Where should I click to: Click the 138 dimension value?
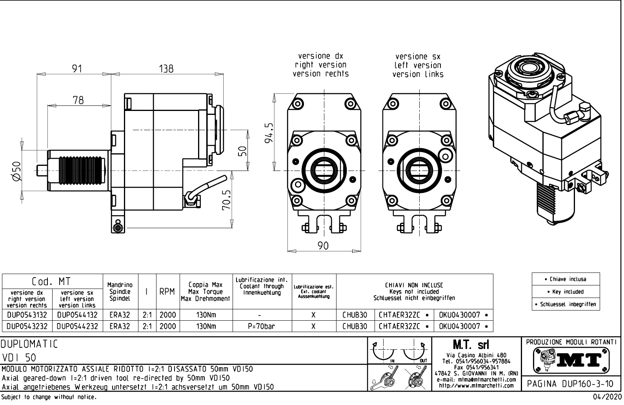[166, 69]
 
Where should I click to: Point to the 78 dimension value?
[78, 100]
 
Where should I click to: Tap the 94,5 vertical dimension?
[269, 133]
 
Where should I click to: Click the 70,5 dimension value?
[227, 200]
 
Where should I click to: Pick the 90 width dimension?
[323, 245]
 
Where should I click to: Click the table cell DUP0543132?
[27, 315]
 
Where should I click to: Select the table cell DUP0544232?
[77, 326]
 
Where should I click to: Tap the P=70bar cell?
[261, 326]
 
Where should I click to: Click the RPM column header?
[167, 292]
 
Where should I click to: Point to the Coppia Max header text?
[206, 285]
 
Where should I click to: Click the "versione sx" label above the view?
[418, 57]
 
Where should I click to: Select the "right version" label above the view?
[320, 65]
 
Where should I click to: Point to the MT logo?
[572, 360]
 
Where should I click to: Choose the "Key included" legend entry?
[566, 292]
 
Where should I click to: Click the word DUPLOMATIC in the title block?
[29, 344]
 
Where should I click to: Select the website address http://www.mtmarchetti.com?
[476, 385]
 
